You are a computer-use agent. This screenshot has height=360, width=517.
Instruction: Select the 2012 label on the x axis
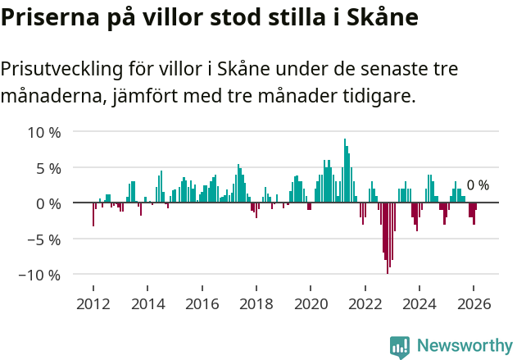tap(93, 303)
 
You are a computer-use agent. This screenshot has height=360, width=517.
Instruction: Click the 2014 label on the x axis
tap(147, 303)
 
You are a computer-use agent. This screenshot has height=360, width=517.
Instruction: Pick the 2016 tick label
tap(202, 303)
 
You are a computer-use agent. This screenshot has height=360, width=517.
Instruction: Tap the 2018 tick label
tap(256, 303)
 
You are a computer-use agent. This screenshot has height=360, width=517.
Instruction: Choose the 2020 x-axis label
tap(311, 303)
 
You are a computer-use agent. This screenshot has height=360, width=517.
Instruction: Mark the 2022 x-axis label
tap(365, 303)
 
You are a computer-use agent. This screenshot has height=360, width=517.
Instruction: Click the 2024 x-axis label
tap(419, 303)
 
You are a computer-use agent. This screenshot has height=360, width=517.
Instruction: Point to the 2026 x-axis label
tap(474, 303)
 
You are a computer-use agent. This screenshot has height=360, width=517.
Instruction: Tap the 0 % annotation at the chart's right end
tap(478, 185)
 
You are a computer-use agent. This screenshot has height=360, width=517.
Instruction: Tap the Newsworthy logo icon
tap(400, 346)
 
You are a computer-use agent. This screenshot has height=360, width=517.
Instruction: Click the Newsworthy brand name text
tap(465, 346)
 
